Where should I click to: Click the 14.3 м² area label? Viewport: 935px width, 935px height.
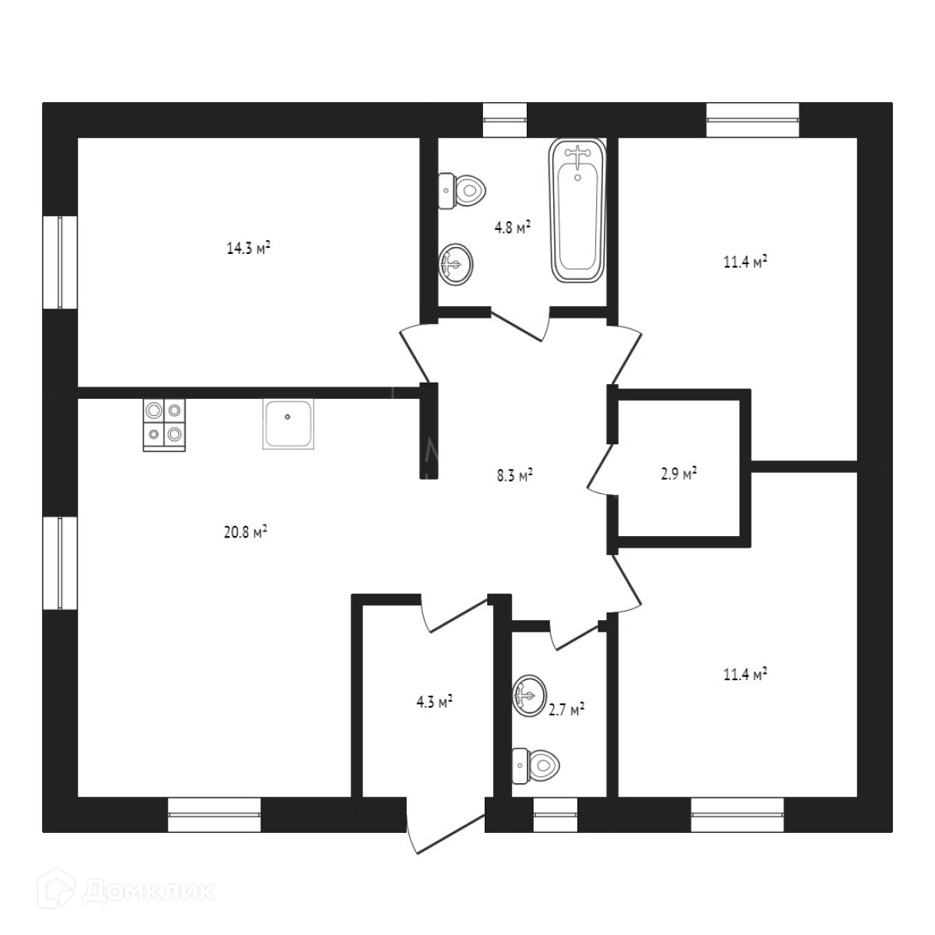[x=248, y=249]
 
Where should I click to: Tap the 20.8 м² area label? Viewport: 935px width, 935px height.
[x=246, y=533]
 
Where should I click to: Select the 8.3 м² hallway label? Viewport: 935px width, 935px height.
[x=514, y=475]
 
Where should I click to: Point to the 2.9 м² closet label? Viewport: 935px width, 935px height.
[x=677, y=474]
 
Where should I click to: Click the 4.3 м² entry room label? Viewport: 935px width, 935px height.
[x=434, y=702]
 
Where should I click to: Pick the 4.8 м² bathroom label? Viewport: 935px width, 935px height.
[x=512, y=228]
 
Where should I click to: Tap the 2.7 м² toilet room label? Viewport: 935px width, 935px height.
[x=566, y=709]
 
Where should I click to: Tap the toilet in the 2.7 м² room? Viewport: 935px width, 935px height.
[x=535, y=765]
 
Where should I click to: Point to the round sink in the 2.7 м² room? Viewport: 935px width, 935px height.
[x=527, y=694]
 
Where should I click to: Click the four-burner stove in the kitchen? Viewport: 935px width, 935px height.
[x=164, y=425]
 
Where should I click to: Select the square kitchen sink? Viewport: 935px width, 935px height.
[x=288, y=424]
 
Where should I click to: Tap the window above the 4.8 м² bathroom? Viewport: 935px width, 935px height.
[x=505, y=120]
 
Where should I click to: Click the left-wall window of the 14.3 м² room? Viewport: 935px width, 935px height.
[x=59, y=263]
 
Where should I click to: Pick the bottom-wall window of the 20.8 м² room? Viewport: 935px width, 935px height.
[x=214, y=814]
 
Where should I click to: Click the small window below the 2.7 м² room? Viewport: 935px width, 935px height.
[x=555, y=814]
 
